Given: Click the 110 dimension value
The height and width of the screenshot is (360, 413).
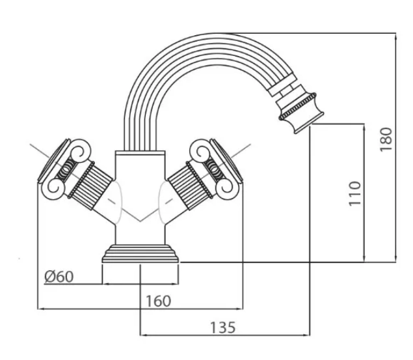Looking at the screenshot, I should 355,193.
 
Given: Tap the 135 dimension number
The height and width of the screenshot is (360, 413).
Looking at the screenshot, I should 222,326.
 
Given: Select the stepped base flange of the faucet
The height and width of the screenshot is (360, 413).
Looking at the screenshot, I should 140,255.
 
